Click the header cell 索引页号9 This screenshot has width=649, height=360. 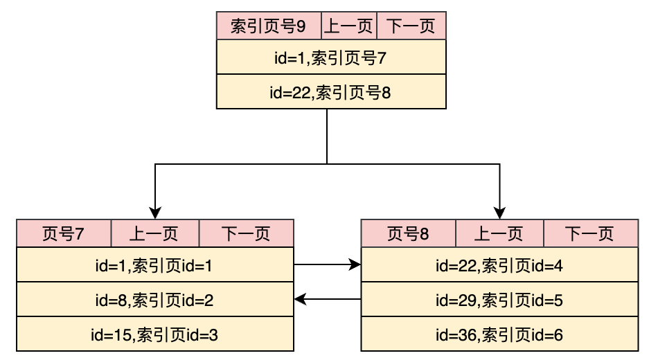pos(269,26)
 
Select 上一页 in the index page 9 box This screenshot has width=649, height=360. pos(349,26)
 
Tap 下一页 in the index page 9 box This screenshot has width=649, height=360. pos(411,26)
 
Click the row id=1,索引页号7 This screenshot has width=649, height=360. pos(331,57)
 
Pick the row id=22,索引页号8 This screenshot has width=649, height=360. pos(331,92)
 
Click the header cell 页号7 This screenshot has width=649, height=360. pos(64,234)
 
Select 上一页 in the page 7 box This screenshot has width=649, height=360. pos(154,234)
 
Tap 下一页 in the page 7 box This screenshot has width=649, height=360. pos(246,234)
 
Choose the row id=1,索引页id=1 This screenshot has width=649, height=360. pos(154,265)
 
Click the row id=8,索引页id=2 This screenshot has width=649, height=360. pos(154,300)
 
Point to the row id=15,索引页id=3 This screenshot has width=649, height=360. pos(154,334)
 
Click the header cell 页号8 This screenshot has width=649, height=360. pos(409,234)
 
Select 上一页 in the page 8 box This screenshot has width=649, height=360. pos(499,234)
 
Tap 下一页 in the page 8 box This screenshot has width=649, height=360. pos(590,234)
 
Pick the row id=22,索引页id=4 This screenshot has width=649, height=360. pos(499,265)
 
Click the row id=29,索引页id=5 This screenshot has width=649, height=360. pos(499,300)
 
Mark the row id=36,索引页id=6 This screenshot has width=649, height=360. pos(499,334)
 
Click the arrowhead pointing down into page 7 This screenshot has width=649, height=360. pos(156,213)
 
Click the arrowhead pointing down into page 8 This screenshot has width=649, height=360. pos(499,213)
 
